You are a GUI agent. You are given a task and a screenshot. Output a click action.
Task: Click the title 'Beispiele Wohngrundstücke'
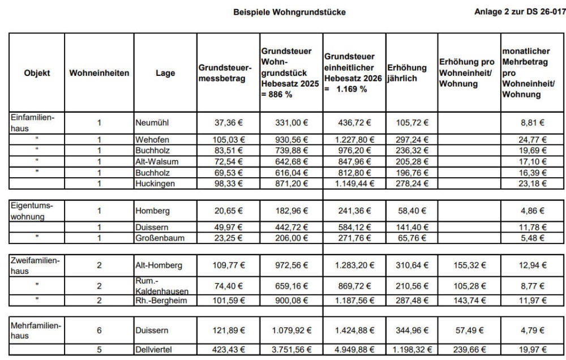click(289, 12)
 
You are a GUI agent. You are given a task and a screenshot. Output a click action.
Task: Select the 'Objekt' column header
click(37, 73)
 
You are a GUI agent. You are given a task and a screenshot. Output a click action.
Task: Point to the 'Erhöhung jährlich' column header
click(407, 73)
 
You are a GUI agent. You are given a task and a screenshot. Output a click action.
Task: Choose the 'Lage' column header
click(165, 73)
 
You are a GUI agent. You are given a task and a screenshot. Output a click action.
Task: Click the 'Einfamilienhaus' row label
click(29, 122)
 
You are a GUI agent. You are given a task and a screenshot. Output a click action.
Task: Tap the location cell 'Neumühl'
click(152, 122)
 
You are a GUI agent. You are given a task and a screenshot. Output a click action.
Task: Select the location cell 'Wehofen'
click(152, 140)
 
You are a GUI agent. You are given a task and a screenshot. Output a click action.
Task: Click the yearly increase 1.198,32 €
click(411, 350)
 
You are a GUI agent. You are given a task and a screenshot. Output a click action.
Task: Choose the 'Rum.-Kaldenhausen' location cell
click(162, 286)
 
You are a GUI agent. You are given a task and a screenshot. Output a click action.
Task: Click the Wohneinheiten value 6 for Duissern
click(99, 330)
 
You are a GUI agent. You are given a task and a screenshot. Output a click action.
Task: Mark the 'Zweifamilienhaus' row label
click(35, 264)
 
